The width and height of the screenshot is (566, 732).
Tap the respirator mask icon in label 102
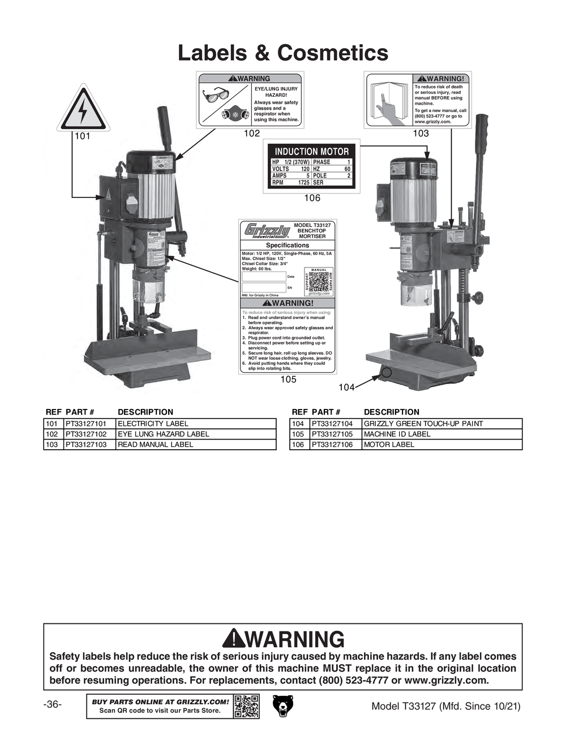pyautogui.click(x=234, y=113)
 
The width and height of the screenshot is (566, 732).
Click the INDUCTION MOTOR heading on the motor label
pyautogui.click(x=311, y=152)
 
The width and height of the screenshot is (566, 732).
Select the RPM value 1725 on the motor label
pyautogui.click(x=303, y=183)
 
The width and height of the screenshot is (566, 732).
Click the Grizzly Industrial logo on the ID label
pyautogui.click(x=267, y=232)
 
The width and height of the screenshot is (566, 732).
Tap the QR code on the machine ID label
pyautogui.click(x=319, y=281)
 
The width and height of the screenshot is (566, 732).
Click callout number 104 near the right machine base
pyautogui.click(x=346, y=387)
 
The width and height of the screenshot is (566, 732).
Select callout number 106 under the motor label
pyautogui.click(x=312, y=197)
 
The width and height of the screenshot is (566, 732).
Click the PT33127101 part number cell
pyautogui.click(x=86, y=424)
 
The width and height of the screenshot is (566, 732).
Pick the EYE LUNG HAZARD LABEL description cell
pyautogui.click(x=164, y=434)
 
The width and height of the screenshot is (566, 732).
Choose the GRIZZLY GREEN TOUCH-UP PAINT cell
pyautogui.click(x=423, y=424)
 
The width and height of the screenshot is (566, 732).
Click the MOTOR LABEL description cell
pyautogui.click(x=389, y=445)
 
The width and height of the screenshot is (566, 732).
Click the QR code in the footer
pyautogui.click(x=246, y=706)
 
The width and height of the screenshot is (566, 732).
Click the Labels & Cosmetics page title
pyautogui.click(x=283, y=53)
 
